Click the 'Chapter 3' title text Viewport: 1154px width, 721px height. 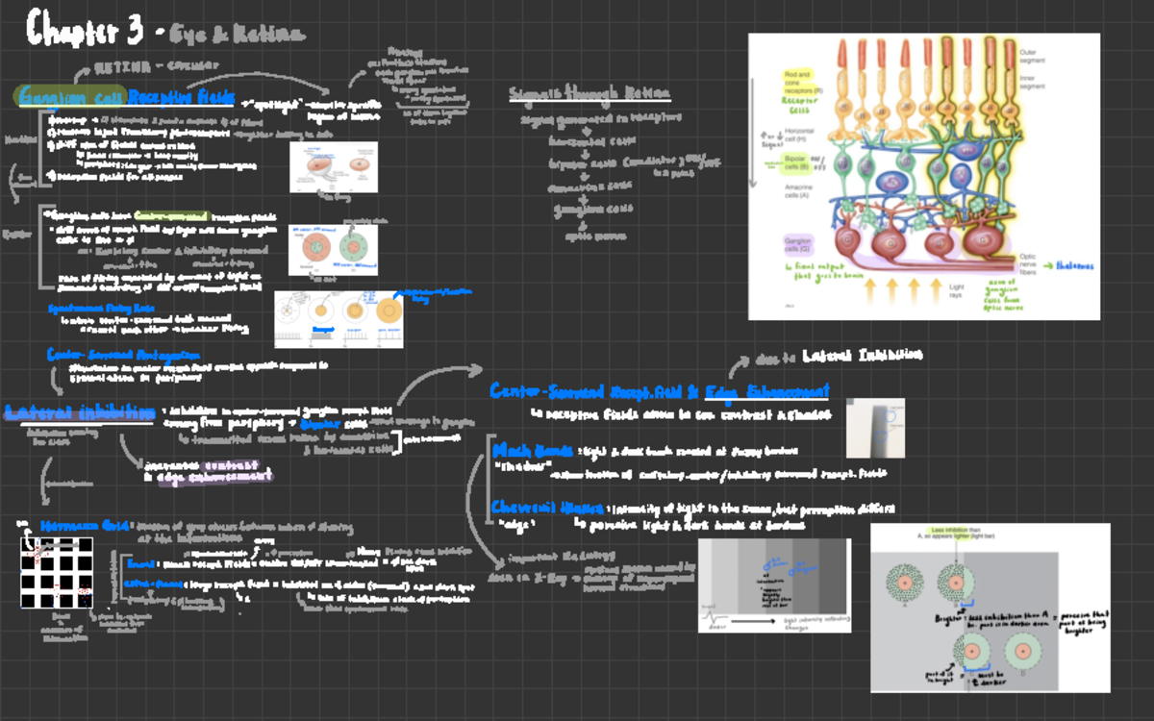click(x=85, y=29)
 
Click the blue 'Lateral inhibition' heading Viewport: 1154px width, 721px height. click(x=79, y=412)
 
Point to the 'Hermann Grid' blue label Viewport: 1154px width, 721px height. click(x=86, y=526)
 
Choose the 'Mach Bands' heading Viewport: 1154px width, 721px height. click(x=533, y=450)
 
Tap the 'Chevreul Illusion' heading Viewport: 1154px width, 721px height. click(x=547, y=507)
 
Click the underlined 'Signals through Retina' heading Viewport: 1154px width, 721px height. click(x=590, y=94)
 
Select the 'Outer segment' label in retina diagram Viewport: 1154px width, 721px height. click(x=1033, y=57)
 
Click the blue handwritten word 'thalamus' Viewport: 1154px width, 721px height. click(x=1075, y=266)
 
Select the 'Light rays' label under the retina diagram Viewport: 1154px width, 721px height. click(x=957, y=290)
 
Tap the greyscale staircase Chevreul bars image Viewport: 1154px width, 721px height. click(x=774, y=584)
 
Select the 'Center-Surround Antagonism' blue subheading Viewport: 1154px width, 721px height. click(x=122, y=354)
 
